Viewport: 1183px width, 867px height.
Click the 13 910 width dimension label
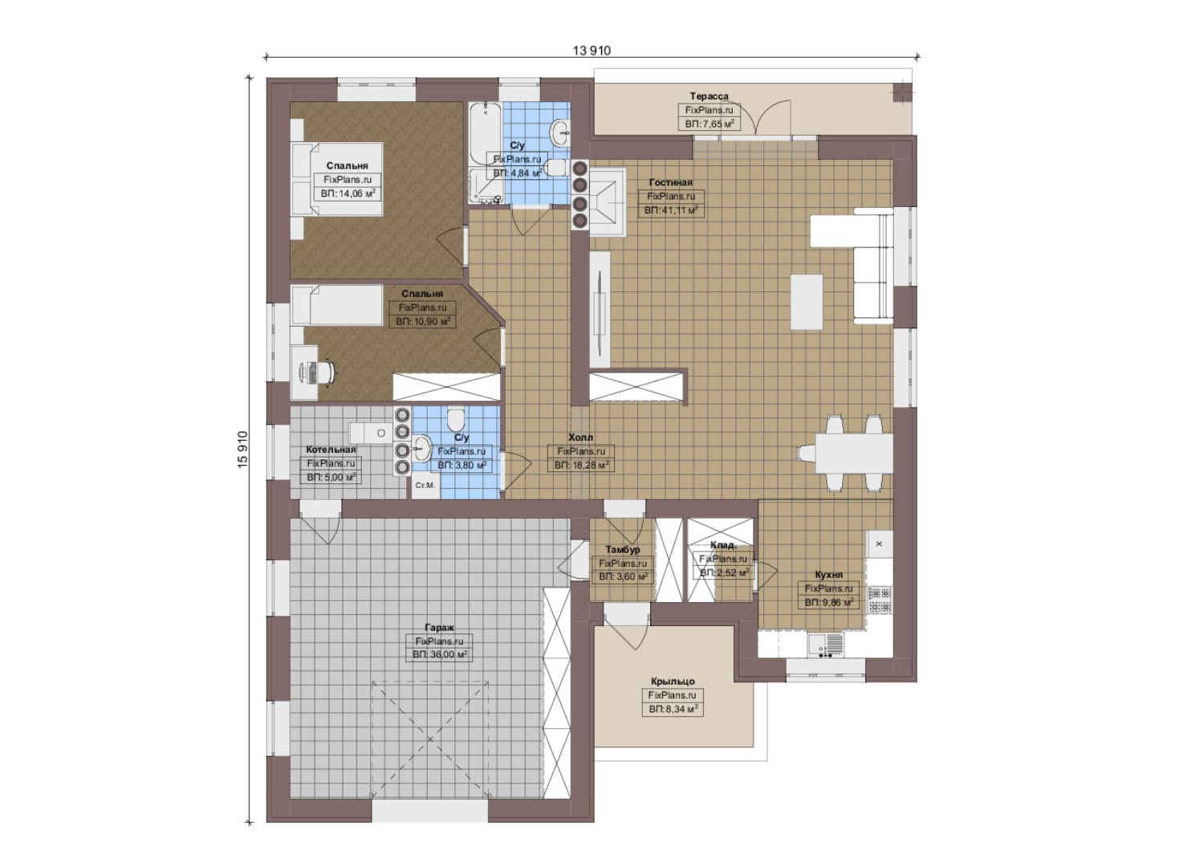coord(591,51)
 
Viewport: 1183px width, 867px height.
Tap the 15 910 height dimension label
coord(242,450)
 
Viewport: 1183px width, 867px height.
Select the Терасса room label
coord(709,96)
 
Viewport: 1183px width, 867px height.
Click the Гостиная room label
coord(671,182)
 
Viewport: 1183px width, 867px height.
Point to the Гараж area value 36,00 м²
coord(439,654)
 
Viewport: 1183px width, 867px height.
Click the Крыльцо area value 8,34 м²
coord(673,709)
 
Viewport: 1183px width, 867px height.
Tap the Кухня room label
coord(828,574)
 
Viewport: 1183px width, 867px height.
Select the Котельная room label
coord(331,449)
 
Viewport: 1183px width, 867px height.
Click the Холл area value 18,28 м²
coord(581,466)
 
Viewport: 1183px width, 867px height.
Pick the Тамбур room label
coord(623,549)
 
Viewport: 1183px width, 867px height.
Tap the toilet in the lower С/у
coord(455,420)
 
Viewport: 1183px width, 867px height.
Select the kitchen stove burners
coord(880,600)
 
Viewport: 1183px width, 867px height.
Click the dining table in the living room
coord(854,454)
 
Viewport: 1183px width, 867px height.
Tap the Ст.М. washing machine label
coord(425,485)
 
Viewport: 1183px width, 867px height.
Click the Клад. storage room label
coord(723,545)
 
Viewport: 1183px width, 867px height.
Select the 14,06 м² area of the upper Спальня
coord(348,194)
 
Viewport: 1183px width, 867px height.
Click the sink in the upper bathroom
coord(560,132)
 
